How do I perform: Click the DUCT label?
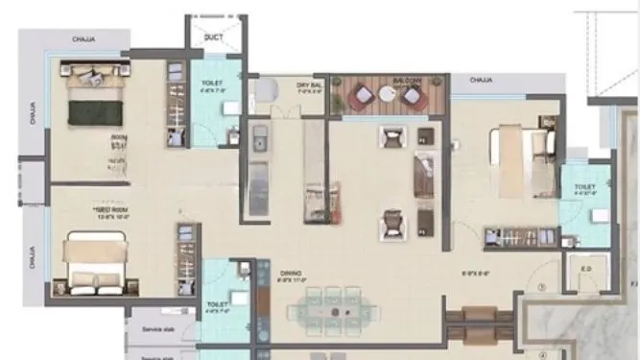(x=214, y=37)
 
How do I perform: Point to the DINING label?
(x=290, y=274)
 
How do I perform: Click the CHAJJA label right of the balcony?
(x=482, y=81)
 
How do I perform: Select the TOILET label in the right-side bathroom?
(x=585, y=186)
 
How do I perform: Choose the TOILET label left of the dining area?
(x=216, y=305)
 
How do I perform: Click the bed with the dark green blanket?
(x=93, y=97)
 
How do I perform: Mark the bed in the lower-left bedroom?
(x=94, y=263)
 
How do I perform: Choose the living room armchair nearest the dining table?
(x=391, y=226)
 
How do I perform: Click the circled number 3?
(x=542, y=286)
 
